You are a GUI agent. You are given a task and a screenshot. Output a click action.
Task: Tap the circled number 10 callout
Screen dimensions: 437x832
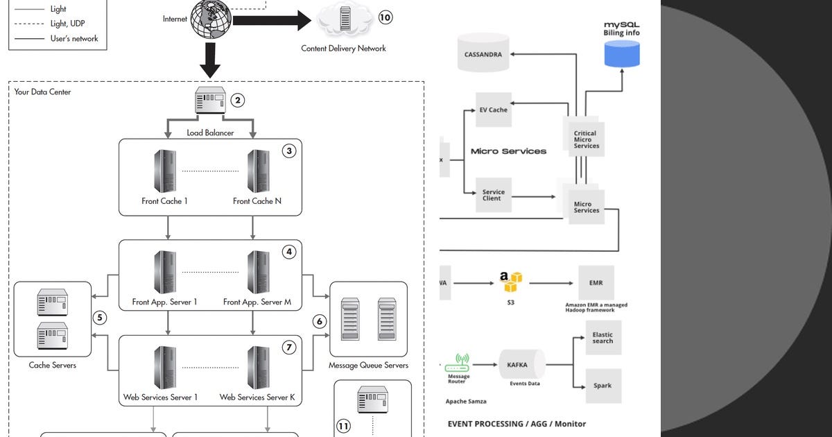(385, 17)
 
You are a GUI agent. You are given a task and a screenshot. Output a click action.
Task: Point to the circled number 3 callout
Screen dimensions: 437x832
(289, 151)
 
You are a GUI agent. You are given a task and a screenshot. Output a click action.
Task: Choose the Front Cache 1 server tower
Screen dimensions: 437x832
(164, 171)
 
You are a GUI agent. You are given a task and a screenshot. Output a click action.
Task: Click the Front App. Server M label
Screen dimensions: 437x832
(257, 302)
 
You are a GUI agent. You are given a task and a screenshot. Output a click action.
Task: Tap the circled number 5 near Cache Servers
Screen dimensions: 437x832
(100, 318)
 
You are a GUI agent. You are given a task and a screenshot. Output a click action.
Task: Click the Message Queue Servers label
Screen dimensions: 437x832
(368, 366)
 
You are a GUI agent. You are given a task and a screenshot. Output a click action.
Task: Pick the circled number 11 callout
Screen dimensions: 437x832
(344, 425)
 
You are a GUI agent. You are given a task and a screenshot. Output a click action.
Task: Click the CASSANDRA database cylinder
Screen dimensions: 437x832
(484, 55)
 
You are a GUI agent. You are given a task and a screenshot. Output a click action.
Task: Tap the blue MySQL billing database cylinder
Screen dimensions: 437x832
(622, 53)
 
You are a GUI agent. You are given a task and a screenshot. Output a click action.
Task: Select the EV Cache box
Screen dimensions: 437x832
(494, 110)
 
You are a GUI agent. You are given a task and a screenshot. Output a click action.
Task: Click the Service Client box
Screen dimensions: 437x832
(493, 195)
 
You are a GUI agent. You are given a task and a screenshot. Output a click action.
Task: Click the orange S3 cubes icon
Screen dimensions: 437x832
(512, 282)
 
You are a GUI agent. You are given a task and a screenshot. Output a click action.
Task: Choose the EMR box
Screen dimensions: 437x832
(596, 283)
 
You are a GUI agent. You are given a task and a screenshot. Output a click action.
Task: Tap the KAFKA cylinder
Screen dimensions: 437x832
(519, 365)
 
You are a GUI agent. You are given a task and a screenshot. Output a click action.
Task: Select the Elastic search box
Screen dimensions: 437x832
(603, 338)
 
